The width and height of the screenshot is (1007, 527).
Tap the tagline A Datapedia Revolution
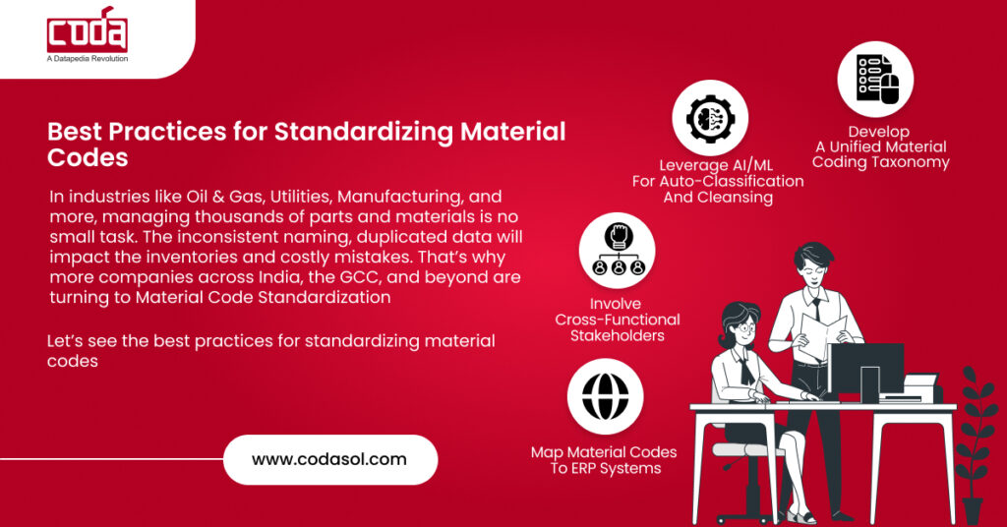pyautogui.click(x=87, y=59)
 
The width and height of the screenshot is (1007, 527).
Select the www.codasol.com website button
pyautogui.click(x=329, y=459)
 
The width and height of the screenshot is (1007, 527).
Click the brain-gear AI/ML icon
pyautogui.click(x=710, y=117)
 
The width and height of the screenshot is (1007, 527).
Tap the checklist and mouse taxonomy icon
pyautogui.click(x=875, y=79)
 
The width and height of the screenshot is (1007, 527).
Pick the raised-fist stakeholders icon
pyautogui.click(x=617, y=251)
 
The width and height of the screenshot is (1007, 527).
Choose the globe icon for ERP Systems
pyautogui.click(x=605, y=396)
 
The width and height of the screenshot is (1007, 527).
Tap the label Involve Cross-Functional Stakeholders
pyautogui.click(x=617, y=320)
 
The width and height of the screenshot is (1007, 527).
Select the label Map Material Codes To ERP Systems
pyautogui.click(x=604, y=459)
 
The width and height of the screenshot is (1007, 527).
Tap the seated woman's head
pyautogui.click(x=739, y=320)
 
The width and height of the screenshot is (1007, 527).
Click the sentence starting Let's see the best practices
pyautogui.click(x=270, y=350)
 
